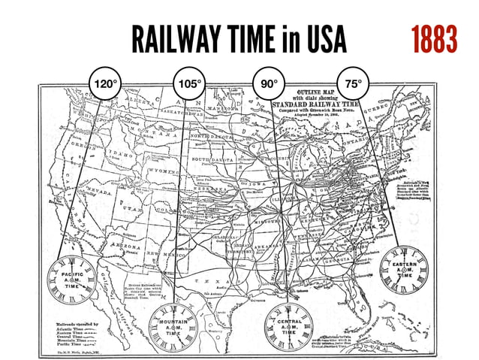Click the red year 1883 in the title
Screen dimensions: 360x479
click(433, 38)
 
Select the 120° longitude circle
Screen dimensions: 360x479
click(104, 82)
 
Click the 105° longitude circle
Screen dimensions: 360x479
click(188, 82)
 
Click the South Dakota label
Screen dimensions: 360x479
click(212, 159)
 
